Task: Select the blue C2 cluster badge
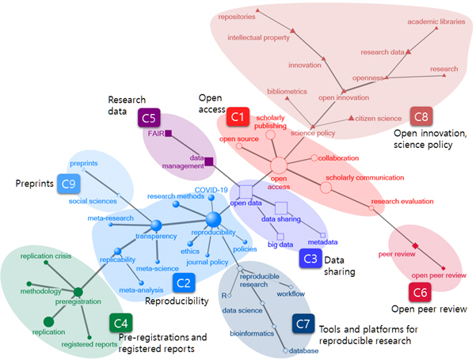point(182,280)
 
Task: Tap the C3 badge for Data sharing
point(310,258)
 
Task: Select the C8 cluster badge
point(421,117)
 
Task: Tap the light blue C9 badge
point(68,184)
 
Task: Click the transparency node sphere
point(156,226)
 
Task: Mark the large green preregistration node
point(78,292)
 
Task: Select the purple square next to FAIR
point(169,134)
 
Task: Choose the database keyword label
point(300,351)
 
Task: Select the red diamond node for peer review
point(414,248)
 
